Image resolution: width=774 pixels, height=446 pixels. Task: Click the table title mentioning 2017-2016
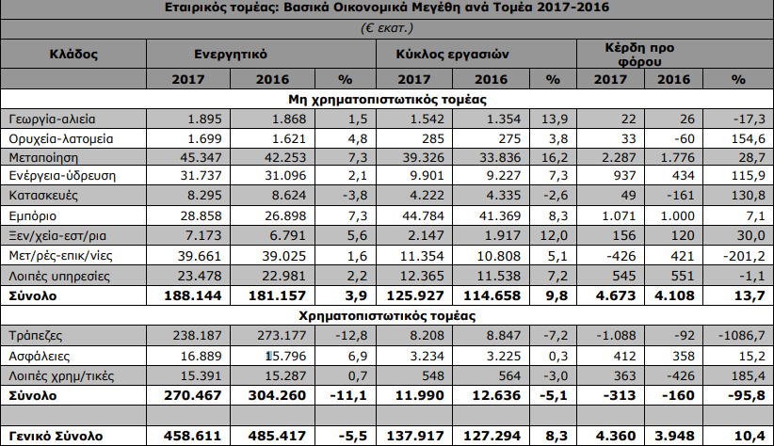(387, 9)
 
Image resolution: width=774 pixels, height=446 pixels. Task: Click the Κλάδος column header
(73, 55)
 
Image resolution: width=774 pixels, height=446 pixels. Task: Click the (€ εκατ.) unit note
(387, 29)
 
